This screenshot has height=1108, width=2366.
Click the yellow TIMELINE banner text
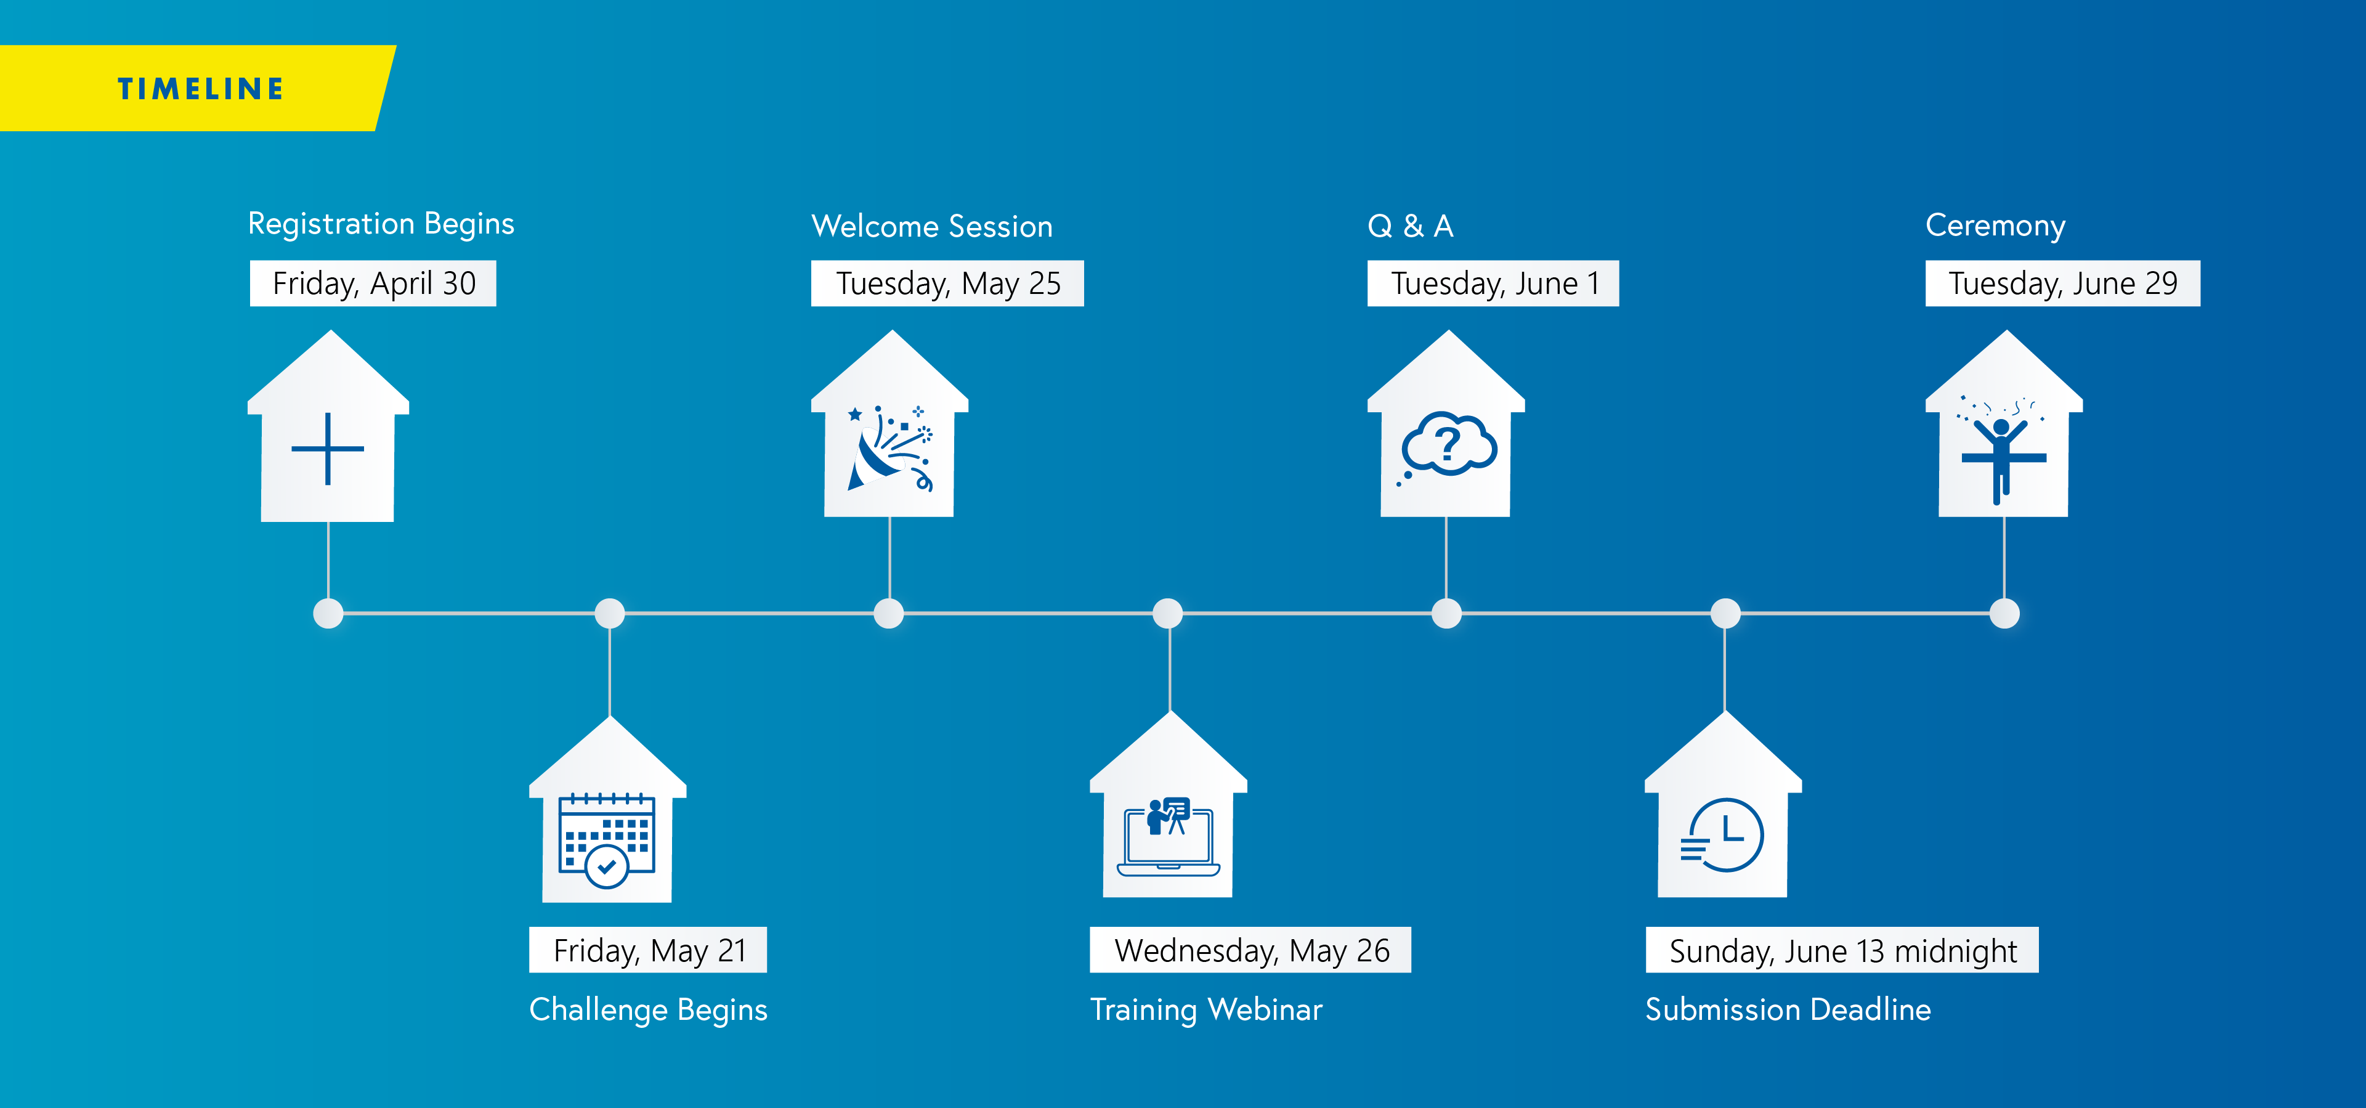point(200,89)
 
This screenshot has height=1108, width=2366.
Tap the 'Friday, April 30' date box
point(373,283)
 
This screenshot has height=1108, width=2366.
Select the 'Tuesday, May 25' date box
point(947,283)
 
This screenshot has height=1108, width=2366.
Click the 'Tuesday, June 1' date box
point(1493,283)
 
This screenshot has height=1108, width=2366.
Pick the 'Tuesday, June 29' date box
point(2062,283)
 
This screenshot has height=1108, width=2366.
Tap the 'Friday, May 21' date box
point(647,949)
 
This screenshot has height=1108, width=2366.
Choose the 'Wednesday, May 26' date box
point(1250,949)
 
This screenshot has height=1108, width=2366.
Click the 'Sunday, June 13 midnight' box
point(1842,949)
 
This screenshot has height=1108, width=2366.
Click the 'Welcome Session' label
point(932,226)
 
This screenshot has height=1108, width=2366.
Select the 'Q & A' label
point(1411,226)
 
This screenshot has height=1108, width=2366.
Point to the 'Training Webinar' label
point(1206,1009)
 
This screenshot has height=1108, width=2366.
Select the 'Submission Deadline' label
point(1788,1009)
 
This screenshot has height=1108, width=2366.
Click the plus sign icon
point(328,449)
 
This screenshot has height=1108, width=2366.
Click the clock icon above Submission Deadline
point(1722,834)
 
